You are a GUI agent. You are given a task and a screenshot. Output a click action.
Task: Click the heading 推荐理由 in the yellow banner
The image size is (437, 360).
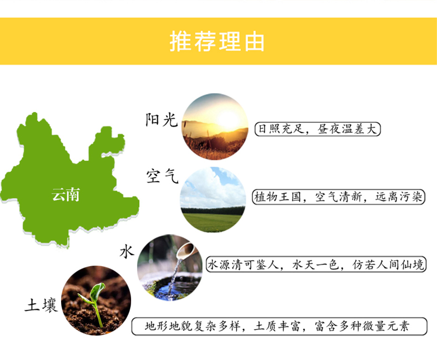pyautogui.click(x=217, y=42)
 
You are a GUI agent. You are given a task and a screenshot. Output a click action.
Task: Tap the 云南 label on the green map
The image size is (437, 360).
pyautogui.click(x=66, y=194)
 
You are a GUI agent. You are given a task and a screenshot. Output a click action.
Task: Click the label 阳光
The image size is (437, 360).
pyautogui.click(x=162, y=120)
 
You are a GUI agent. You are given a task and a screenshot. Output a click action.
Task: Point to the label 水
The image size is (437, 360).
pyautogui.click(x=127, y=252)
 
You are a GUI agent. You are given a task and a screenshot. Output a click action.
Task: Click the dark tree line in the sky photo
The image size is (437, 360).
pyautogui.click(x=213, y=210)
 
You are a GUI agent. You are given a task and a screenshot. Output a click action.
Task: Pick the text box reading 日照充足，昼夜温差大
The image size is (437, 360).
pyautogui.click(x=317, y=129)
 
